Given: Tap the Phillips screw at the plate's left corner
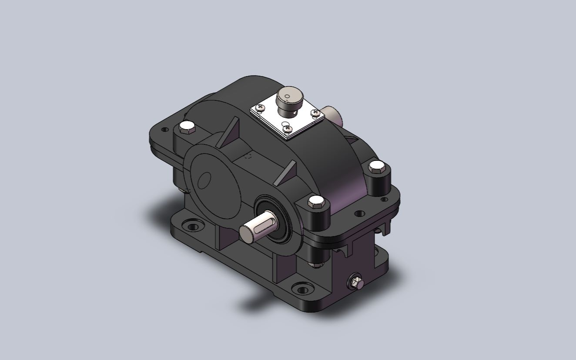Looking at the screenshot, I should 261,107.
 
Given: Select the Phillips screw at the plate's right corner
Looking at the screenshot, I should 315,113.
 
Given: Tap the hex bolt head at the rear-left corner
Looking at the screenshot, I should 187,127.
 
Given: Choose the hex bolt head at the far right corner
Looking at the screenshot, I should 376,167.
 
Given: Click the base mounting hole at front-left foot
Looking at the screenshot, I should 191,226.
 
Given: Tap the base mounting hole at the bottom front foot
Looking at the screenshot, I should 302,288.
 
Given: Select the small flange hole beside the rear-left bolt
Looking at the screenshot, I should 164,130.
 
